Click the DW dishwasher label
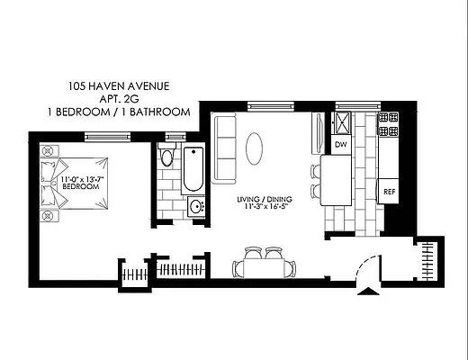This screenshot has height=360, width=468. [340, 144]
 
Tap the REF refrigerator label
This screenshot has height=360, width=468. [390, 192]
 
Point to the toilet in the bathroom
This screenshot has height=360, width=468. [166, 158]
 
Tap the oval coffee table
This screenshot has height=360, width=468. [256, 147]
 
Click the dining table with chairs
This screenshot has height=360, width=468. [263, 265]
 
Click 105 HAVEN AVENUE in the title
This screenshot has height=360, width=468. [119, 86]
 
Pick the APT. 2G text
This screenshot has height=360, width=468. [119, 99]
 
